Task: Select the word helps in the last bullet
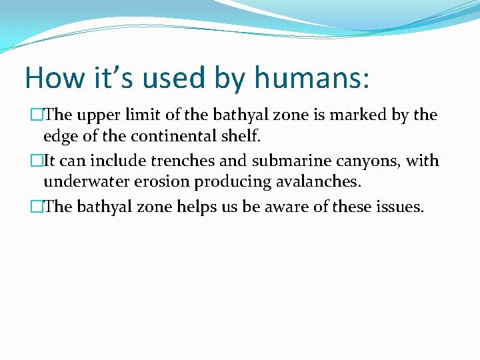[x=195, y=207]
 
